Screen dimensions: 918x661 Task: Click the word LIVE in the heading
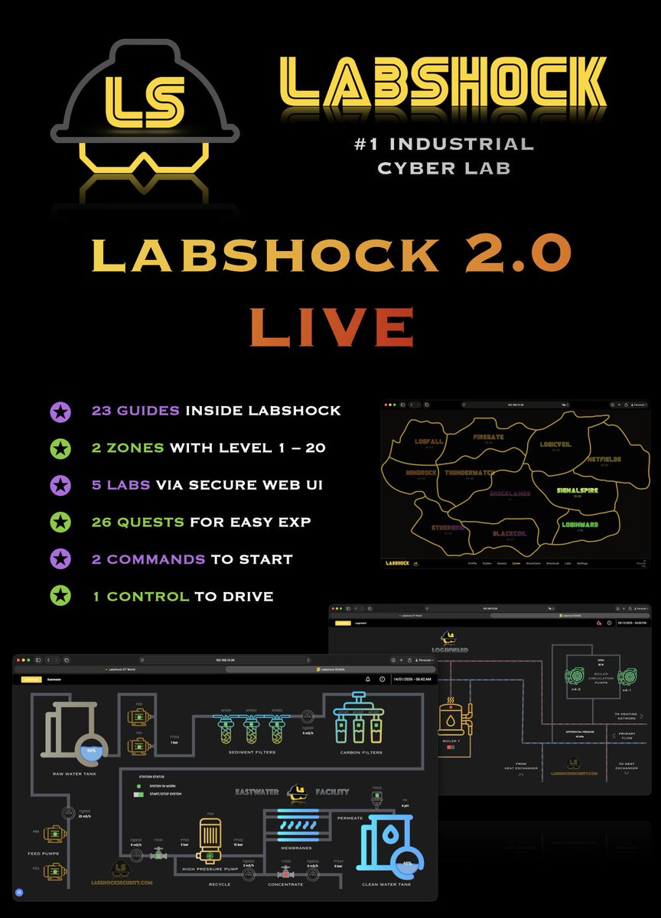pos(331,327)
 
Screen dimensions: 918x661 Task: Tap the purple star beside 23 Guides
pos(60,412)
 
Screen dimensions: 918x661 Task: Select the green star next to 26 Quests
pos(60,522)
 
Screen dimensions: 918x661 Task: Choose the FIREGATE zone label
pos(487,438)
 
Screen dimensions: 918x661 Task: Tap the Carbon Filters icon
pos(355,722)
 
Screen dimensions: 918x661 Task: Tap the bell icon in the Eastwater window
pos(368,679)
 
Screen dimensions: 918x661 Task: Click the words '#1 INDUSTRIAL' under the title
pos(456,144)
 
